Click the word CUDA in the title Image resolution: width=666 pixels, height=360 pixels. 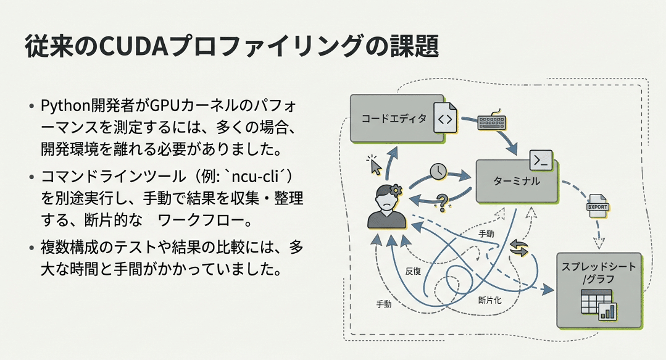[x=176, y=47]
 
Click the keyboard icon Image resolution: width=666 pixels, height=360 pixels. [x=492, y=121]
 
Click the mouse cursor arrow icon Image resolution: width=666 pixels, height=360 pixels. [x=374, y=165]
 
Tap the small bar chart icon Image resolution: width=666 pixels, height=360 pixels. [x=609, y=311]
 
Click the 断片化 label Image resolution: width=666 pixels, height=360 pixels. [x=490, y=300]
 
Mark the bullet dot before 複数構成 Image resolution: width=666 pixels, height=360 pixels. [x=31, y=248]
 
